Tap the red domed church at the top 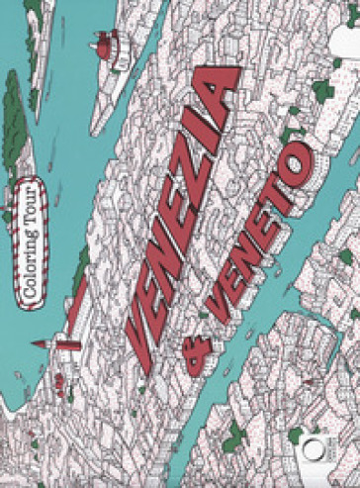coord(105,44)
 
